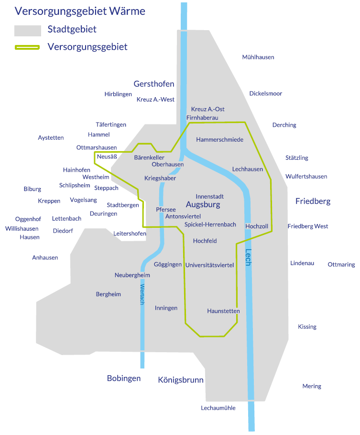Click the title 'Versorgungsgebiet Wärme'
[80, 11]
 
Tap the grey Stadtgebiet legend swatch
[27, 30]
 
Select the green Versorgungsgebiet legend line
[27, 47]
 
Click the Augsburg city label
[203, 205]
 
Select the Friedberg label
[313, 201]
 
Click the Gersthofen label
[154, 84]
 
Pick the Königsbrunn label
[181, 380]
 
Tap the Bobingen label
[124, 379]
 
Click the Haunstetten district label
[223, 311]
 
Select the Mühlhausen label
[258, 57]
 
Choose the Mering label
[312, 386]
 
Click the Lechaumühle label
[218, 408]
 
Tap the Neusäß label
[107, 156]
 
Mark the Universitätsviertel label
[209, 265]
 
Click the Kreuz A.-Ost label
[207, 109]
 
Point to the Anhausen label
[45, 257]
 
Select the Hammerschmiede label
[220, 140]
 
